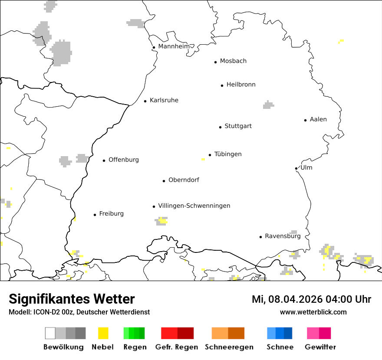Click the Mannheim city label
(174, 46)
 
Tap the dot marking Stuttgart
(220, 127)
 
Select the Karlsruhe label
(164, 100)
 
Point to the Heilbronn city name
(241, 85)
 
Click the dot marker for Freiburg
(95, 215)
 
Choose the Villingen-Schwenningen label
(194, 206)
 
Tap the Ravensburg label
(283, 236)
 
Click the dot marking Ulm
(296, 168)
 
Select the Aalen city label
(318, 119)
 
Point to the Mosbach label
(233, 61)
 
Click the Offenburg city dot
(104, 160)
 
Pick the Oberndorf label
(184, 180)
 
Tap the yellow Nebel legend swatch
(103, 333)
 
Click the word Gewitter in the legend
(320, 347)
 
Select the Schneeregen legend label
(229, 347)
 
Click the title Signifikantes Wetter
(72, 299)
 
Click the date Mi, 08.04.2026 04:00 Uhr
(311, 299)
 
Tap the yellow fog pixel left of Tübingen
(203, 159)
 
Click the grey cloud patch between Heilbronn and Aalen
(268, 105)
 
